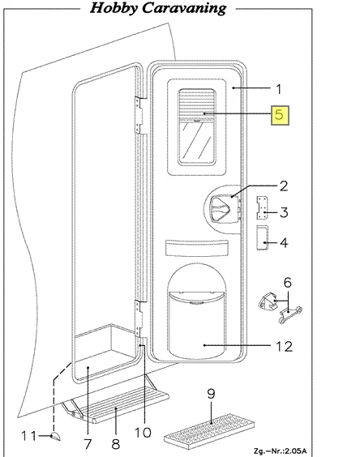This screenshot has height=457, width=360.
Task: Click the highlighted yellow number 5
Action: (280, 115)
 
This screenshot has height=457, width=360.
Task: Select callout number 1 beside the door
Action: (279, 89)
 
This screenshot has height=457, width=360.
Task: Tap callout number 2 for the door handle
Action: (284, 186)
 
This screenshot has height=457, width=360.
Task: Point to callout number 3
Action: (284, 212)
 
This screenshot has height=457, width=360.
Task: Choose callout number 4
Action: (284, 242)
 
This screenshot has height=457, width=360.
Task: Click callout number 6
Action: (287, 282)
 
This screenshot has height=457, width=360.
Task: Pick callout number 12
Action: (284, 346)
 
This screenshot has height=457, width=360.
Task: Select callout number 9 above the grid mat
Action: (211, 394)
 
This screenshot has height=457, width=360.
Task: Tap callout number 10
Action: (143, 433)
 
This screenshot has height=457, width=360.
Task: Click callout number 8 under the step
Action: (115, 444)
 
